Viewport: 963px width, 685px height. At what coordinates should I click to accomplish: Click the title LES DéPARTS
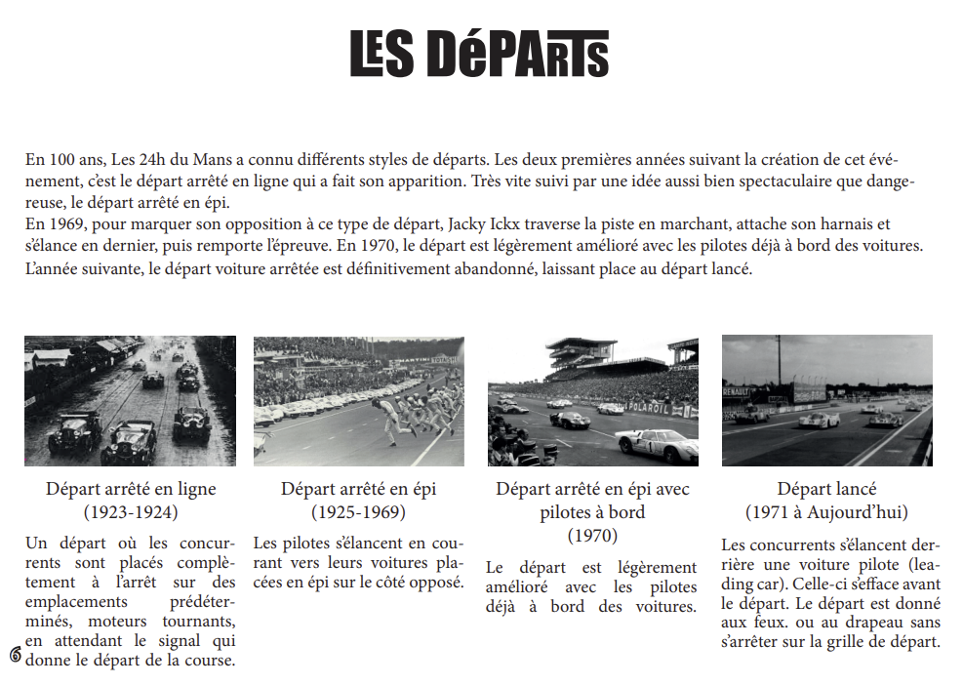pos(479,54)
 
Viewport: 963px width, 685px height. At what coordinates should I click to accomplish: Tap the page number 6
pos(16,654)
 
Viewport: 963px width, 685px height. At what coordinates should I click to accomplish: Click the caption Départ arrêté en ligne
pos(131,489)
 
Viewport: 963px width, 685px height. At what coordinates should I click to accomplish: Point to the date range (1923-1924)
pos(131,510)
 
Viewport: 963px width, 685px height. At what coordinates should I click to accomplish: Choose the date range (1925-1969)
pos(358,511)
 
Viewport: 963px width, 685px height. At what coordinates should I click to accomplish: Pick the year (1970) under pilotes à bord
pos(592,535)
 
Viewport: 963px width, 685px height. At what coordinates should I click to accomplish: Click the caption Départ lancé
pos(826,489)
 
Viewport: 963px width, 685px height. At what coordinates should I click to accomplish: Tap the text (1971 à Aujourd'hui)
pos(826,511)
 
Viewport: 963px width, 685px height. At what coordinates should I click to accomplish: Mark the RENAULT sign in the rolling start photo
pos(737,391)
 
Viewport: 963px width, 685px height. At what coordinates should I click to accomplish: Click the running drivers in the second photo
pos(415,415)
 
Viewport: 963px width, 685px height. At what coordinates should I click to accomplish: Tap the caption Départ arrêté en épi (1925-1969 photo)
pos(358,489)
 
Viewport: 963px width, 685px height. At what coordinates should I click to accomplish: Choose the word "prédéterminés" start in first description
pos(201,602)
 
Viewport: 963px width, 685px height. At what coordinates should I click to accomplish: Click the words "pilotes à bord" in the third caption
pos(592,512)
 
